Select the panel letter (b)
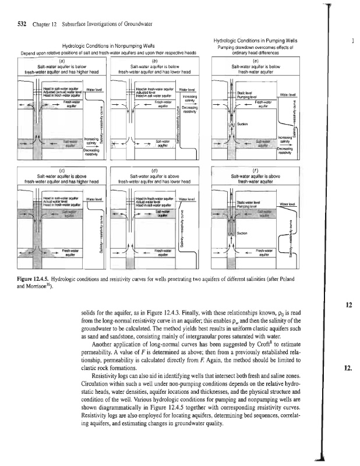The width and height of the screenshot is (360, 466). coord(156,59)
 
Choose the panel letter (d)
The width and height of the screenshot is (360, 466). coord(156,170)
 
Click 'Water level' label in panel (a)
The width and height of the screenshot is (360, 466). coord(95,90)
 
